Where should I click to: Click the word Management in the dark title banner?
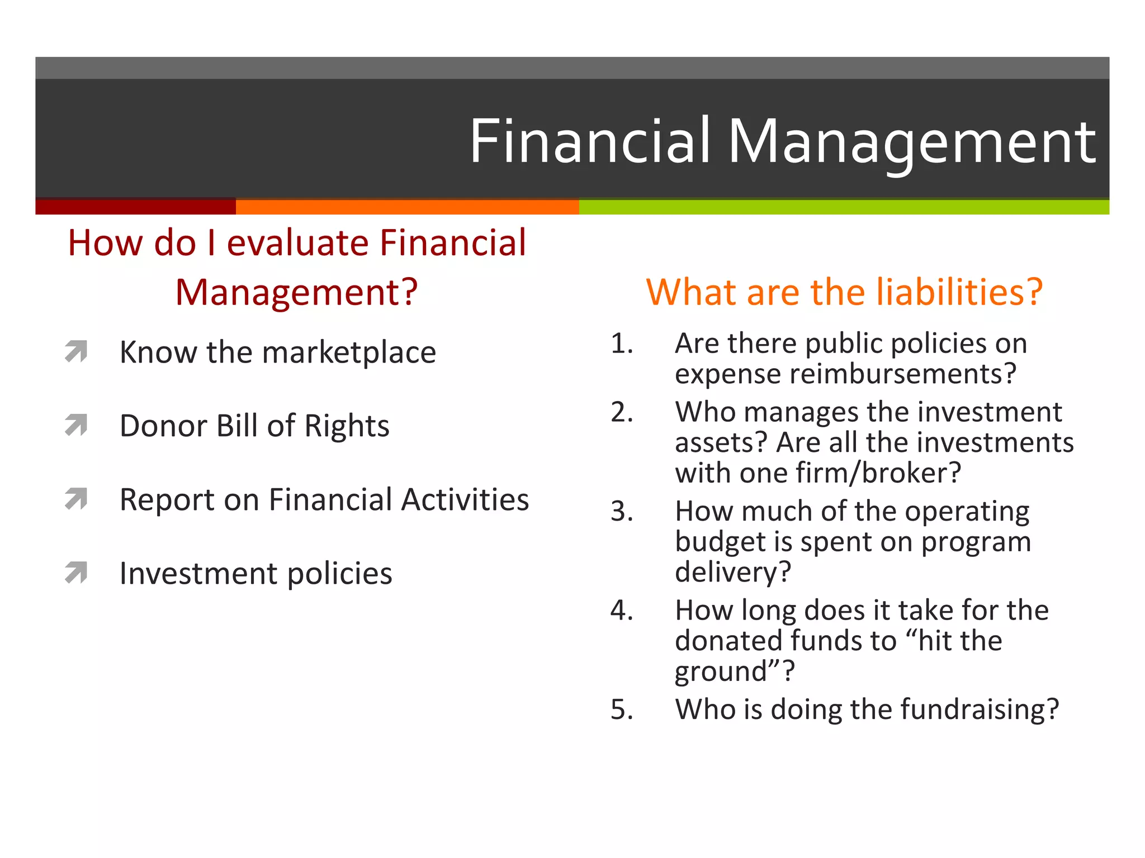point(911,142)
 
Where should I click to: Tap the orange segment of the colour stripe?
point(407,207)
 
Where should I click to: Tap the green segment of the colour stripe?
point(844,207)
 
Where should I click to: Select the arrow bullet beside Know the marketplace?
point(77,351)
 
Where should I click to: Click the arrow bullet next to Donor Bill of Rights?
point(77,425)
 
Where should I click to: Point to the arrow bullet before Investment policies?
point(77,573)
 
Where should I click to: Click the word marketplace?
point(349,353)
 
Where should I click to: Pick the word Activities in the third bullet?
point(465,499)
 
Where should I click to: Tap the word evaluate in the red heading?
point(298,243)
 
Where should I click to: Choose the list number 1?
point(621,343)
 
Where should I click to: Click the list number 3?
point(621,511)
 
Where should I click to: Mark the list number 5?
point(621,709)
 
